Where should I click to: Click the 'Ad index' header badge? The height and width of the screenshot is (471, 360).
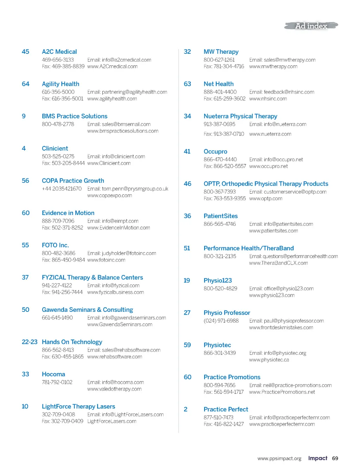click(x=311, y=26)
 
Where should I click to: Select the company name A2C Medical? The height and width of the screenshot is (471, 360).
click(x=59, y=52)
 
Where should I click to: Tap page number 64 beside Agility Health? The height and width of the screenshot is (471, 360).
click(x=25, y=84)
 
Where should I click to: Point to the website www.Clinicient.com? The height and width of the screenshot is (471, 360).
click(x=109, y=163)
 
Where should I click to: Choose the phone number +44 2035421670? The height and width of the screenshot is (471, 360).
click(x=62, y=189)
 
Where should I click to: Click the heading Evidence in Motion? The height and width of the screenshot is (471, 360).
click(x=68, y=213)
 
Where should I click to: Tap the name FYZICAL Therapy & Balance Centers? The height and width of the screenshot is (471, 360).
click(x=92, y=277)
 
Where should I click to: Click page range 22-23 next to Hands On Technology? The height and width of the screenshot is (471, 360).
click(x=30, y=342)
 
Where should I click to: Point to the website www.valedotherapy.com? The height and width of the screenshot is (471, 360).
click(x=114, y=389)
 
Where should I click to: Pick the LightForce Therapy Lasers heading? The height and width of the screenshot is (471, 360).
click(x=78, y=406)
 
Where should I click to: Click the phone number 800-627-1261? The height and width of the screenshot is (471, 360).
click(x=219, y=60)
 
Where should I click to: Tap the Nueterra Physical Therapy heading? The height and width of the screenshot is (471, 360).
click(x=240, y=116)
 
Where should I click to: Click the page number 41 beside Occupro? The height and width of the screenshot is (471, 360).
click(x=187, y=151)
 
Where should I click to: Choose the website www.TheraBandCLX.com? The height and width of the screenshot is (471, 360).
click(x=278, y=263)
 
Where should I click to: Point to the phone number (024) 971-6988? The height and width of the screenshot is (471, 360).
click(x=221, y=321)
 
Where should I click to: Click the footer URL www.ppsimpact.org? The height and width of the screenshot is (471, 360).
click(x=279, y=459)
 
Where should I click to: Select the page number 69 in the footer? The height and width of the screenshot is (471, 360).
click(x=335, y=458)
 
